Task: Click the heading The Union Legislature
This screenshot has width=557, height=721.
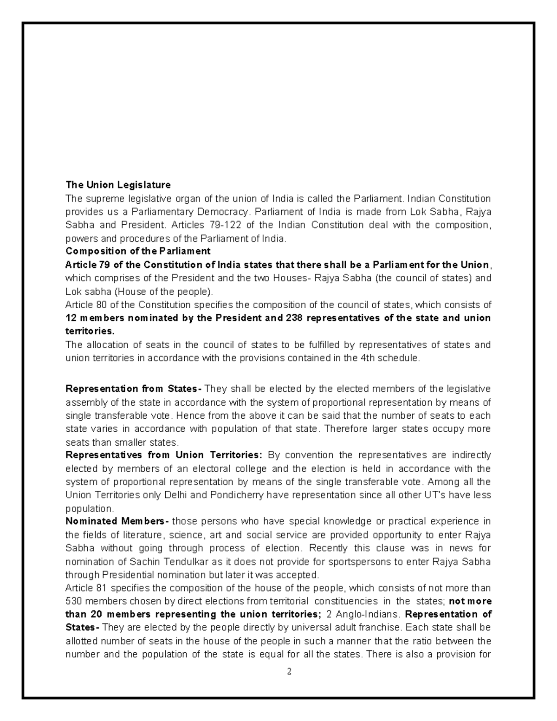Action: (118, 185)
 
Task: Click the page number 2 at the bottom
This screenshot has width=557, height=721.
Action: (289, 672)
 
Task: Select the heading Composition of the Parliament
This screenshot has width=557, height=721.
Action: (138, 251)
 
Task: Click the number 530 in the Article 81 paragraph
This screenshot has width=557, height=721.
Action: (74, 601)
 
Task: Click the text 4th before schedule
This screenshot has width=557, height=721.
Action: (369, 358)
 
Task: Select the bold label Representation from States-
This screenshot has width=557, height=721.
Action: (134, 389)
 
